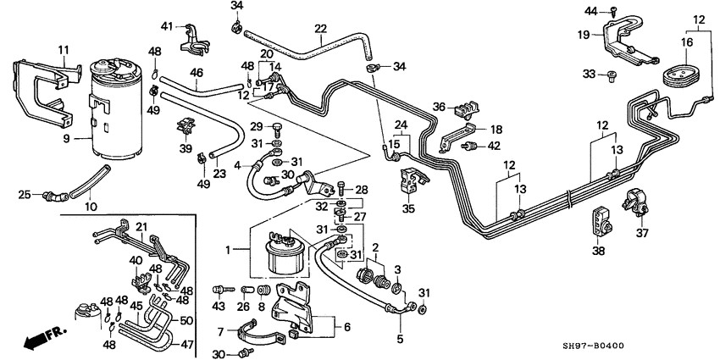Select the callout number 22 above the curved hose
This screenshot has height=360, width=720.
(319, 29)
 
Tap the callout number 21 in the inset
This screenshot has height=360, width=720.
(141, 225)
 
